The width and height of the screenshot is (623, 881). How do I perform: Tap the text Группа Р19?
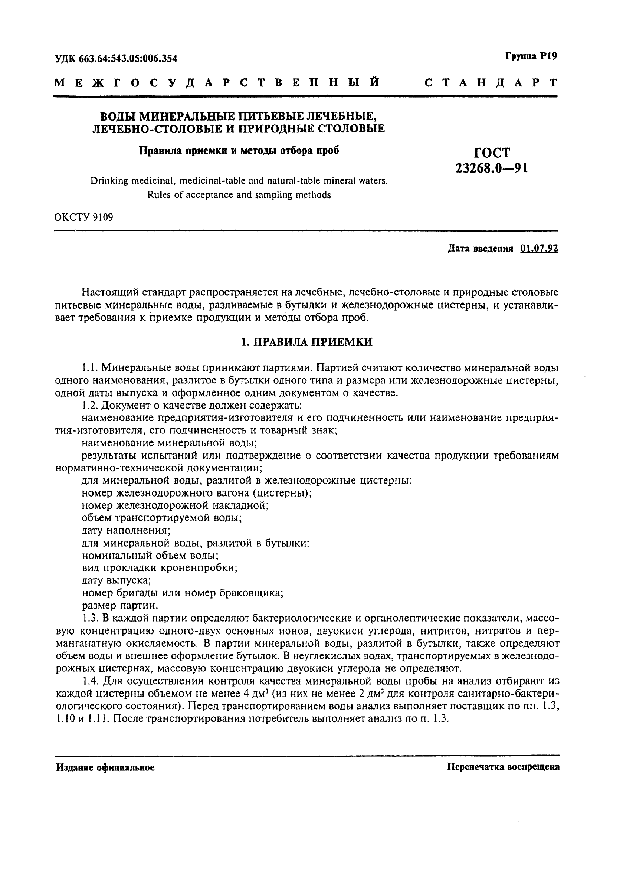pos(531,56)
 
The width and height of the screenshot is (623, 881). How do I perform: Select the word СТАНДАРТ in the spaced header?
pos(491,82)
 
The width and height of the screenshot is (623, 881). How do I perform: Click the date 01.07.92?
pos(539,249)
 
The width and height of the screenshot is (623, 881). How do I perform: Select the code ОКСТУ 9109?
pos(84,217)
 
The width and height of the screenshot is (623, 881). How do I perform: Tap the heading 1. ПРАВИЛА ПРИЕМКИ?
pos(306,342)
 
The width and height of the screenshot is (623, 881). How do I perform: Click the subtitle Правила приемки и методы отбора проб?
pos(239,150)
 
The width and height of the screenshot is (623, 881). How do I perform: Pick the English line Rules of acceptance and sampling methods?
pos(239,195)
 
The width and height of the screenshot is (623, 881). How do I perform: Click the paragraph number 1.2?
pos(90,406)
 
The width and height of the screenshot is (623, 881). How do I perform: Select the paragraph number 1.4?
pos(90,681)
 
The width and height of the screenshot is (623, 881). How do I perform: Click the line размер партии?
pos(120,606)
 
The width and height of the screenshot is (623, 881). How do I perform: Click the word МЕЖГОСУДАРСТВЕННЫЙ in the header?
pos(217,82)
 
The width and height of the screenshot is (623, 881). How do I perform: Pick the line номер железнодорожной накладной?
pos(175,505)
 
